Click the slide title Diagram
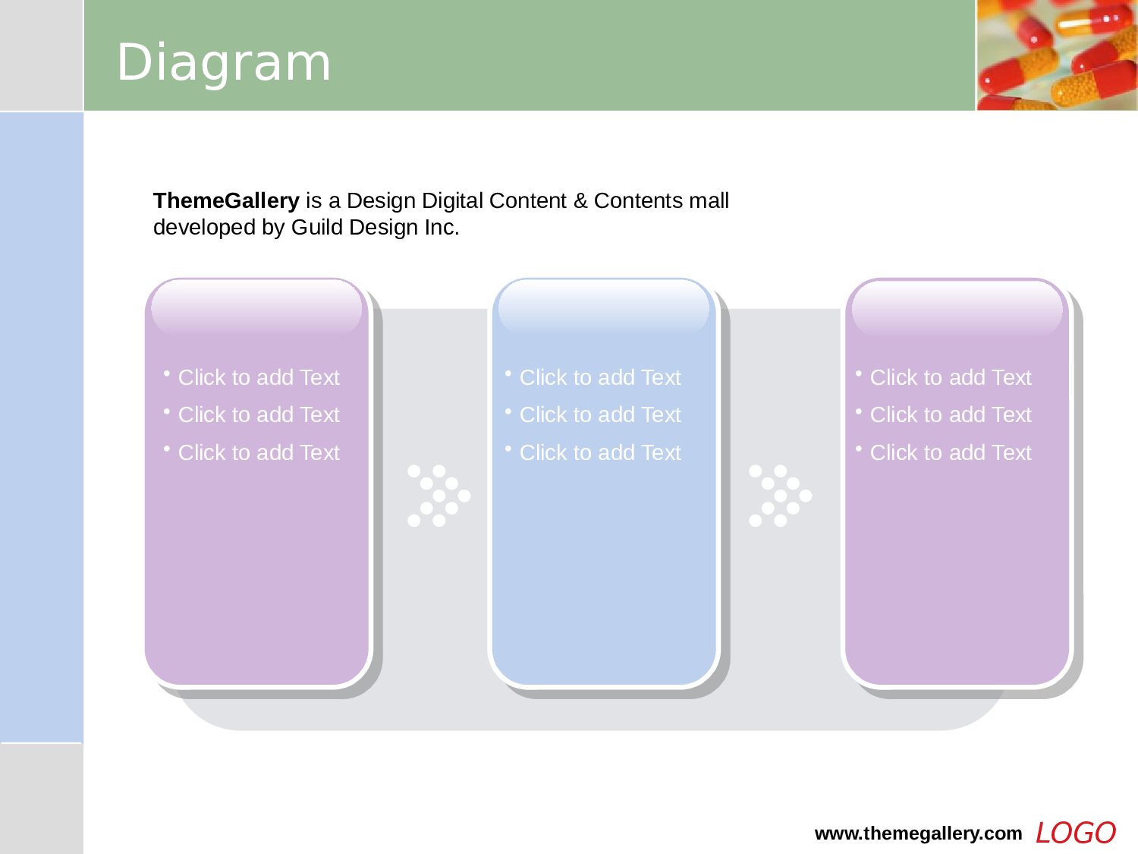[224, 63]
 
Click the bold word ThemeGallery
[226, 200]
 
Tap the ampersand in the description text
[580, 200]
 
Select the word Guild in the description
[316, 227]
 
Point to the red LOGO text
[1075, 834]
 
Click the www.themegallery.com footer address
[918, 834]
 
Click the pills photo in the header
[1057, 55]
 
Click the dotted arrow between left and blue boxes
[439, 496]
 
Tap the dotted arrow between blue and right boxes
[780, 496]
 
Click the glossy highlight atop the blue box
[603, 307]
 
